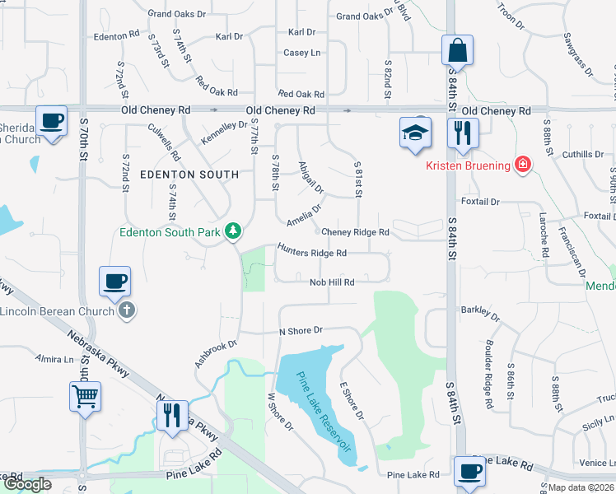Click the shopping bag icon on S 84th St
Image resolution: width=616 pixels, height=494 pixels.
[457, 50]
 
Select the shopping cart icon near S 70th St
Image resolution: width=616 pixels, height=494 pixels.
[85, 397]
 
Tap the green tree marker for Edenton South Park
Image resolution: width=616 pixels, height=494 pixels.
[233, 232]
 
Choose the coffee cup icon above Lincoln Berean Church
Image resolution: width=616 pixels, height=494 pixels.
[114, 282]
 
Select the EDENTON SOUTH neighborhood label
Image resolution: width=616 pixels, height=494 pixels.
[189, 175]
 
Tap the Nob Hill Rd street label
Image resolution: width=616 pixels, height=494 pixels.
[332, 282]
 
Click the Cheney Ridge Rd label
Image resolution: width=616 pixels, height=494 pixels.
[355, 233]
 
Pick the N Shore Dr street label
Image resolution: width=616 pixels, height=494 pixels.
[301, 330]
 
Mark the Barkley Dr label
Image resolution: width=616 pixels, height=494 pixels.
[475, 310]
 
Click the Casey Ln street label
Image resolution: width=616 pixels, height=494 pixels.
[301, 53]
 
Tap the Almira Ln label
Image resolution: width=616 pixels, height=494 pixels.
[54, 360]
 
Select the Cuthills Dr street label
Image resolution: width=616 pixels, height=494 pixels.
[583, 154]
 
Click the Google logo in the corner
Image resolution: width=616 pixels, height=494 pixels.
[26, 484]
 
